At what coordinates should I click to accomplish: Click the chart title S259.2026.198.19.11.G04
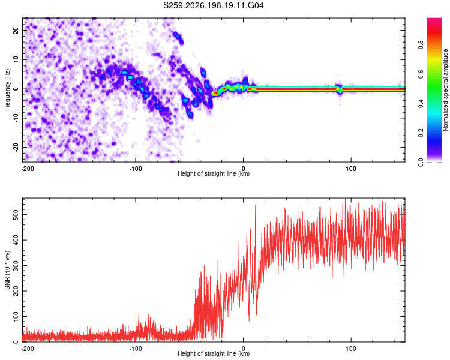coord(213,5)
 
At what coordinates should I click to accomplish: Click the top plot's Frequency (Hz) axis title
coord(7,90)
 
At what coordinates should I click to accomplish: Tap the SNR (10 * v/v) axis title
coord(7,270)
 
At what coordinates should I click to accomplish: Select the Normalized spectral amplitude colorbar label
coord(445,90)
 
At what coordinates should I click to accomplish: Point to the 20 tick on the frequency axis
coord(16,30)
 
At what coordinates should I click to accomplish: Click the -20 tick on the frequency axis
coord(16,147)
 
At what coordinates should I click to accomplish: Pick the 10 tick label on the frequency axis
coord(16,59)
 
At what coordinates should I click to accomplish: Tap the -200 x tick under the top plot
coord(28,169)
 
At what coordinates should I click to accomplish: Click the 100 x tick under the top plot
coord(351,169)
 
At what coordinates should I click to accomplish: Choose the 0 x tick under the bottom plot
coord(243,349)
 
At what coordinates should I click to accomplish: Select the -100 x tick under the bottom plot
coord(136,349)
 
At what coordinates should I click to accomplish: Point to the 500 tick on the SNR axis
coord(16,215)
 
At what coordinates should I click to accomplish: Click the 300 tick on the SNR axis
coord(16,266)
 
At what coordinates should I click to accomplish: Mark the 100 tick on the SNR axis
coord(16,316)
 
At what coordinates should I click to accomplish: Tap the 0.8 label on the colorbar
coord(421,45)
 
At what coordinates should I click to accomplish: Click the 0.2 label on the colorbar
coord(421,133)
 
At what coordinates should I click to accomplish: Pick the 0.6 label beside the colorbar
coord(421,74)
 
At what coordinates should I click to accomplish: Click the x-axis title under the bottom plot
coord(214,353)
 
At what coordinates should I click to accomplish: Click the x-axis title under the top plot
coord(214,173)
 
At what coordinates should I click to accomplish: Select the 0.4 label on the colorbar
coord(421,103)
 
